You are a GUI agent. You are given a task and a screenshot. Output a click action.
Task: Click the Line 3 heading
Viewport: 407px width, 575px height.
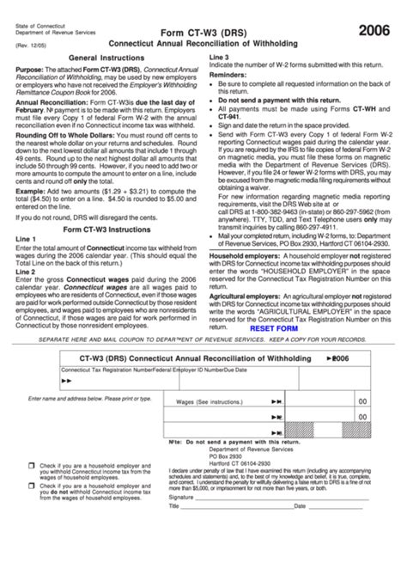[219, 56]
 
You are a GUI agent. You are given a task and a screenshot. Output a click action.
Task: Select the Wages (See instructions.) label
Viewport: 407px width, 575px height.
[209, 401]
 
